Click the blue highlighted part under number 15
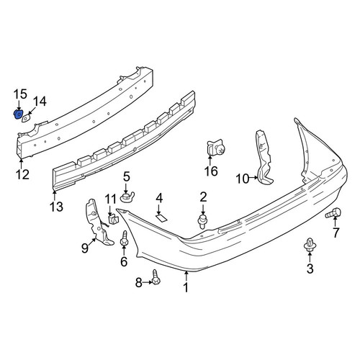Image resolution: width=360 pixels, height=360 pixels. click(x=18, y=114)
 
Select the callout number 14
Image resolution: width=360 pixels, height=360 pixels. click(x=40, y=102)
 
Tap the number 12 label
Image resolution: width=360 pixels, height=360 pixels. click(x=23, y=174)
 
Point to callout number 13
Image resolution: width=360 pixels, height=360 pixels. click(x=57, y=207)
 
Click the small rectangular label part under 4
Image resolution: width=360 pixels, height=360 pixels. click(x=161, y=217)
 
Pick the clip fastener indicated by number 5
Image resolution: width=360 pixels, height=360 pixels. click(x=127, y=197)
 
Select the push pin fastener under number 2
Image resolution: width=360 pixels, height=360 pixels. click(x=202, y=222)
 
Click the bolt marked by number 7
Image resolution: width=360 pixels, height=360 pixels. click(x=333, y=213)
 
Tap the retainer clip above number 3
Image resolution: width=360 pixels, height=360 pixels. click(x=310, y=246)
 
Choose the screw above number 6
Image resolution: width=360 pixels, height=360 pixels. click(x=124, y=239)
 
